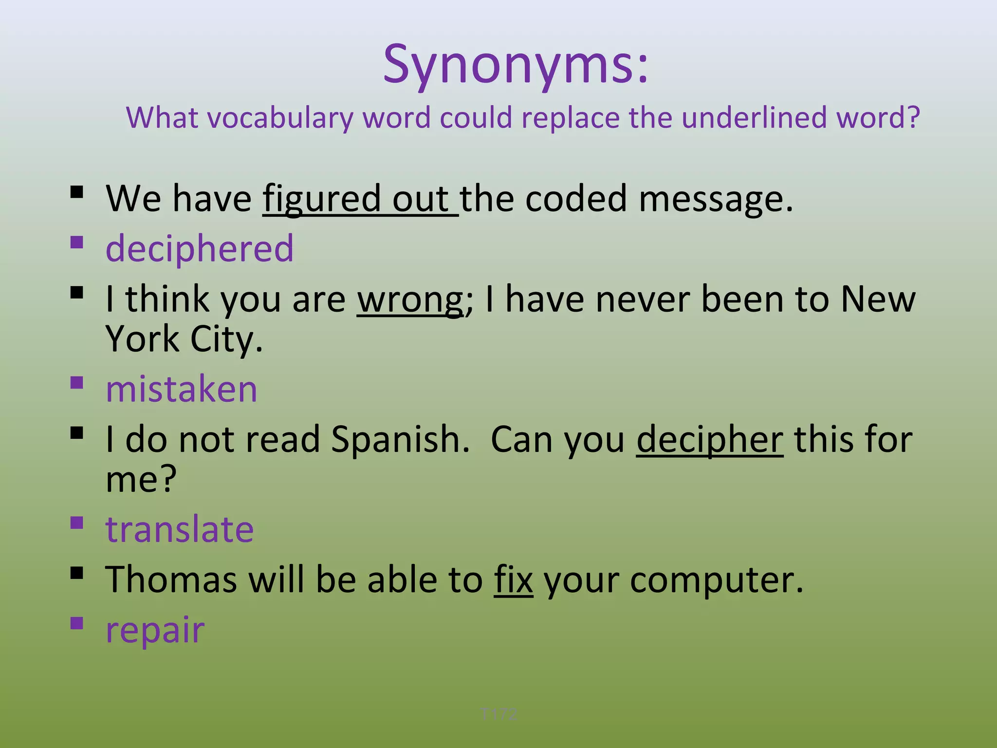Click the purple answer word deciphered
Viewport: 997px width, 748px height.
click(x=200, y=248)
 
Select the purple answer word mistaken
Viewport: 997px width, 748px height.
click(x=181, y=389)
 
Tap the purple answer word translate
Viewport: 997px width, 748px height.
click(x=180, y=529)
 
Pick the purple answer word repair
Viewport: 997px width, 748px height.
click(x=155, y=630)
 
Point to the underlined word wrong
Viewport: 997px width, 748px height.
click(x=410, y=299)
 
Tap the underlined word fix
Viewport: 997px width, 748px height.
click(x=514, y=580)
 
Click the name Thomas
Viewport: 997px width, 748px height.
click(x=171, y=580)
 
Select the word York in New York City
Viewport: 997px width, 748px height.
click(x=143, y=339)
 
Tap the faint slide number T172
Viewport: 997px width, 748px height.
click(x=498, y=714)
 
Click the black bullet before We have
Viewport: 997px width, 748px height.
click(x=77, y=192)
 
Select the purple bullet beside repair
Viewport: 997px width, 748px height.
click(x=77, y=623)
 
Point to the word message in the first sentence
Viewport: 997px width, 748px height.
click(x=715, y=199)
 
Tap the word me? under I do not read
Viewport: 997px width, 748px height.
click(x=141, y=479)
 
